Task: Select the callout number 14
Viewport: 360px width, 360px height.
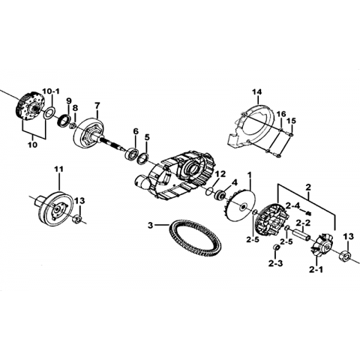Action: point(257,92)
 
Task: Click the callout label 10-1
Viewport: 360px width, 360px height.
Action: point(51,91)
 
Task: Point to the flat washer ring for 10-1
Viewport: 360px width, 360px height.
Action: point(50,113)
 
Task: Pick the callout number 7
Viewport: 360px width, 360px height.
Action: point(97,105)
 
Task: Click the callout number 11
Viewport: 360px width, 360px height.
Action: point(59,169)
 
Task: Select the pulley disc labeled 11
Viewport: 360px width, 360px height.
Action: point(56,208)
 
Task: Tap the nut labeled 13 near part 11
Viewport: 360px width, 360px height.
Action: point(77,220)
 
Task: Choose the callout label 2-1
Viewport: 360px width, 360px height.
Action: point(316,270)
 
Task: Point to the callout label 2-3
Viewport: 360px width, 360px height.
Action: point(275,263)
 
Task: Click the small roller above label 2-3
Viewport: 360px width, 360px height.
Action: point(277,247)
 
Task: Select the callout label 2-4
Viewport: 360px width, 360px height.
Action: point(292,206)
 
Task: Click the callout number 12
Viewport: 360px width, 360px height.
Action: point(220,174)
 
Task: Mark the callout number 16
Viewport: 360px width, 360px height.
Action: point(281,114)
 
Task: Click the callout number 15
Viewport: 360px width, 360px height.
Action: point(291,121)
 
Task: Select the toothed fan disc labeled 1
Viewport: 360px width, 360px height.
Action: point(239,205)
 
